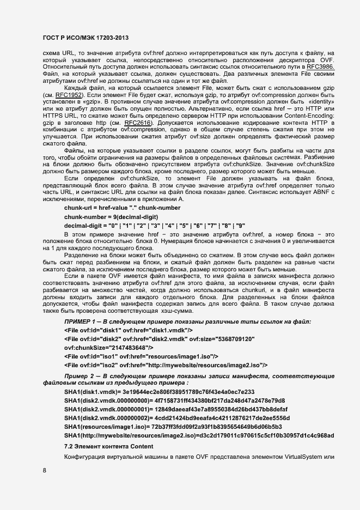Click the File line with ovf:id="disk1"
click(x=128, y=331)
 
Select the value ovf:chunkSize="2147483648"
click(x=108, y=347)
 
